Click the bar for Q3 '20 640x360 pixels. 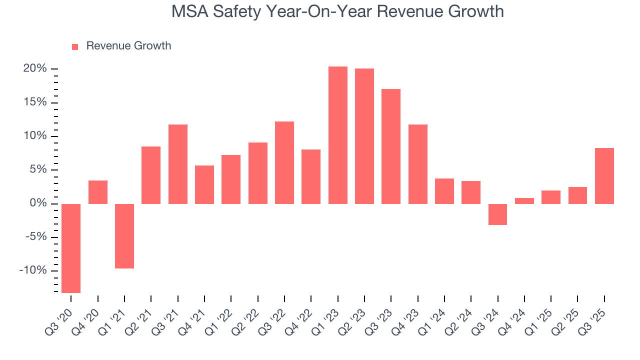(71, 248)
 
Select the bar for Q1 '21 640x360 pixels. (124, 236)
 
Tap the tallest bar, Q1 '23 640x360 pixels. (338, 135)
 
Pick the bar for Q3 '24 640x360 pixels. (498, 214)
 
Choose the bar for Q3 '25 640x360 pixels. (604, 176)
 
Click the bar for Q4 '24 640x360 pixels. (524, 201)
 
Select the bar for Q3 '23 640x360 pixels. (391, 146)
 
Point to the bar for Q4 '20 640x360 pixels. (98, 192)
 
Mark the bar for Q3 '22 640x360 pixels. (284, 162)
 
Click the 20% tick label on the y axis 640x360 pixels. (34, 68)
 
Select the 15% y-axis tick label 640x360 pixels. (34, 102)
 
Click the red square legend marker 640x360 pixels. (75, 46)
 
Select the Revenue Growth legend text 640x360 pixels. (128, 46)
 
